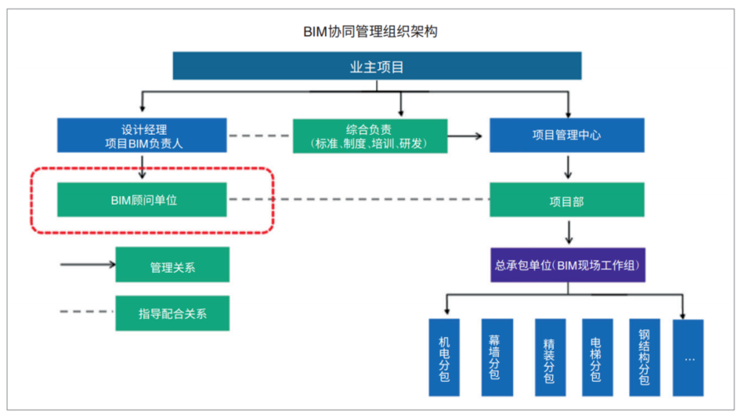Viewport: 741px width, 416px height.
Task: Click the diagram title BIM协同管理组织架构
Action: pos(370,32)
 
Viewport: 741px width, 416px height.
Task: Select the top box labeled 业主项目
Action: pos(377,67)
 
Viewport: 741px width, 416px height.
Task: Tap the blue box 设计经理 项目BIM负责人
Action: pos(141,136)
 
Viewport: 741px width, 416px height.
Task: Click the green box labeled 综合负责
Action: pos(370,136)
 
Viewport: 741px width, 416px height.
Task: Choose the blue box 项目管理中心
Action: pos(566,136)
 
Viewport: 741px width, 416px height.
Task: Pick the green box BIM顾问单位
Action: pos(141,201)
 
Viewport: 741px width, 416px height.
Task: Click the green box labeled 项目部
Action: pos(566,201)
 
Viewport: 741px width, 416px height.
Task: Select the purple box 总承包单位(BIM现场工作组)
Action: pos(566,265)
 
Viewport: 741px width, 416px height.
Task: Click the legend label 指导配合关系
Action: pos(172,313)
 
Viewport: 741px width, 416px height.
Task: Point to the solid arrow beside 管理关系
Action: pos(87,265)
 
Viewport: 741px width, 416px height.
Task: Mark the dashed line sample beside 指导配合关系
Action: pos(87,313)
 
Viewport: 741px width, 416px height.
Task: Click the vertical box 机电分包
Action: pos(444,358)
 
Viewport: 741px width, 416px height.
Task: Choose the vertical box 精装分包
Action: pos(548,358)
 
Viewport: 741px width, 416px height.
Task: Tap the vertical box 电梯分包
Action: pos(595,358)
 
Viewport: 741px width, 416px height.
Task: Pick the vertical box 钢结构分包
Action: pos(644,358)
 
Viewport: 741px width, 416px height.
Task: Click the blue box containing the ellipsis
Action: pos(688,358)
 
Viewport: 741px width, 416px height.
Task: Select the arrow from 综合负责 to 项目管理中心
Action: pos(468,136)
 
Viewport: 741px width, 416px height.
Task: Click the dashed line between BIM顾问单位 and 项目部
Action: pos(358,201)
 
